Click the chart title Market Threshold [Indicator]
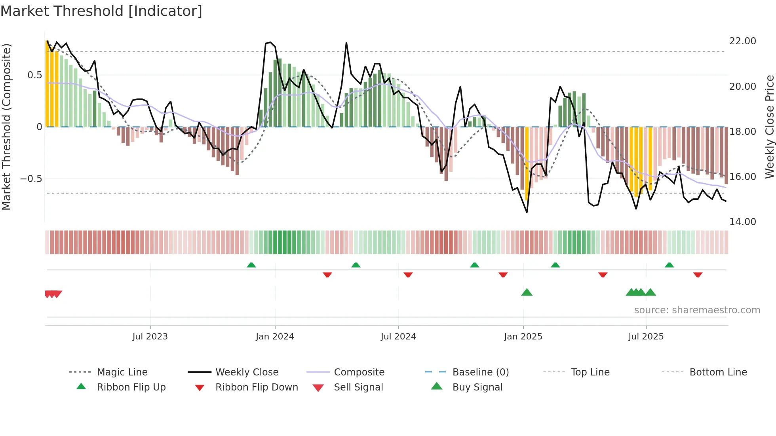click(101, 11)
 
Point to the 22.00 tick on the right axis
click(742, 41)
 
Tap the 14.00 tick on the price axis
click(742, 222)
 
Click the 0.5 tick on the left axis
click(34, 75)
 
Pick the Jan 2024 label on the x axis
click(275, 337)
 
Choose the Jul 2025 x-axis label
click(646, 337)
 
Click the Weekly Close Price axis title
click(769, 127)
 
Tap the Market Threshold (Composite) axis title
click(6, 127)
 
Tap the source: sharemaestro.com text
click(697, 310)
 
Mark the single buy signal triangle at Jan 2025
click(527, 292)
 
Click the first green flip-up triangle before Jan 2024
click(251, 265)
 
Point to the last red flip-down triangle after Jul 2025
click(698, 275)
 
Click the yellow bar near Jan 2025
click(527, 162)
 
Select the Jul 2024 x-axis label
click(398, 337)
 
